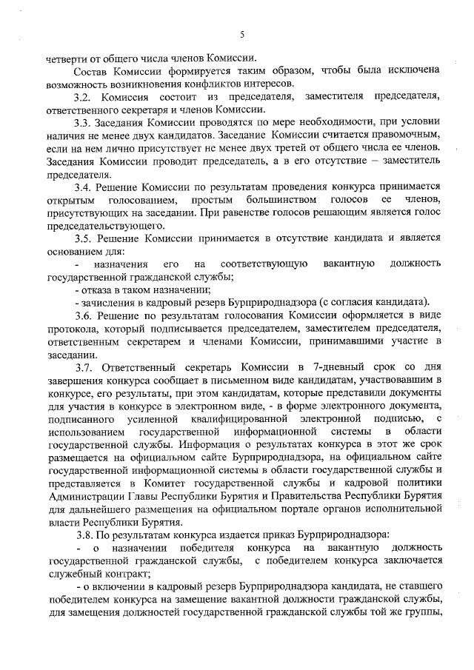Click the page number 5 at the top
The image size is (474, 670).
pos(242,34)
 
